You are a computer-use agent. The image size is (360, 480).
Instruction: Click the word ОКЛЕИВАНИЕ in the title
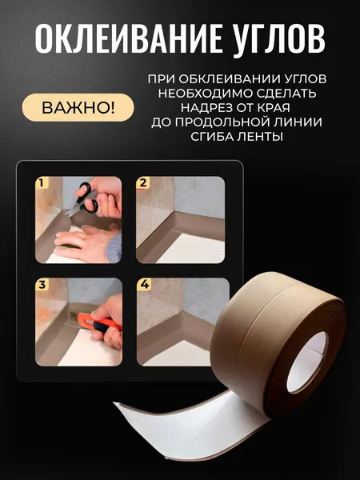pos(128,38)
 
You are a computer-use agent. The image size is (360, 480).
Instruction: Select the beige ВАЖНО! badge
pos(78,108)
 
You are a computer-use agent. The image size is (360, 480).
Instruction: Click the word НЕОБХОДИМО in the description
pos(205,94)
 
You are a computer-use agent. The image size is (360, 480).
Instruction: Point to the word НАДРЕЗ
pos(209,108)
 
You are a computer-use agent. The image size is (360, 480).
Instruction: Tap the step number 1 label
pos(42,183)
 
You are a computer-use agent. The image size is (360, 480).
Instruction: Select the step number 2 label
pos(143,183)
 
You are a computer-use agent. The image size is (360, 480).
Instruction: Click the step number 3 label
pos(42,285)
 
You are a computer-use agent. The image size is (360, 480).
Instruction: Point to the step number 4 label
pos(144,284)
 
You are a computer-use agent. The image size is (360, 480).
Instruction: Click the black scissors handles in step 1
pos(87,198)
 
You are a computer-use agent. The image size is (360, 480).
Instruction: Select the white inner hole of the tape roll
pos(306,362)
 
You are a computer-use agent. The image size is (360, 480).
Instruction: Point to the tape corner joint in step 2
pos(174,216)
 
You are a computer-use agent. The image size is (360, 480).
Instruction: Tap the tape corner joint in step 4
pos(182,316)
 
